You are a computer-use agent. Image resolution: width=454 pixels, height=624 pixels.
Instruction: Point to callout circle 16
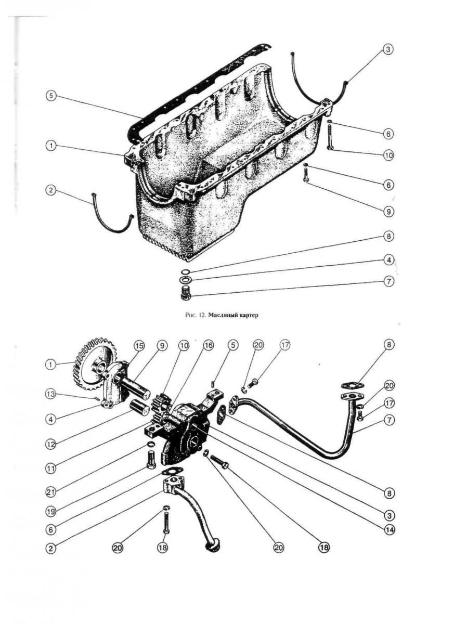click(x=208, y=345)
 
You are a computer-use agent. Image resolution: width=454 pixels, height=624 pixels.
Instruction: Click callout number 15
click(x=138, y=345)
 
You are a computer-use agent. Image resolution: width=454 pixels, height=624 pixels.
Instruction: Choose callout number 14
click(x=388, y=530)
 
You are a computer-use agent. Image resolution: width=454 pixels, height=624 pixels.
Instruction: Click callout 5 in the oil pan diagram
click(x=50, y=96)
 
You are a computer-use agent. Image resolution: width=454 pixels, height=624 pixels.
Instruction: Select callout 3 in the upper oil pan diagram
click(x=388, y=50)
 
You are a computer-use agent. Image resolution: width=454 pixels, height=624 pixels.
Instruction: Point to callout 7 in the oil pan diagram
click(x=388, y=281)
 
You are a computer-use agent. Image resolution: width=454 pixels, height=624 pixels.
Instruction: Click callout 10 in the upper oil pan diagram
click(x=388, y=155)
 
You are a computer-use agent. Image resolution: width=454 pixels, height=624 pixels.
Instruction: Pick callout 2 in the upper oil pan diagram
click(x=50, y=191)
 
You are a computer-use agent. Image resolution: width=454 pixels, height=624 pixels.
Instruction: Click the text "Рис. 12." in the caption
click(x=194, y=315)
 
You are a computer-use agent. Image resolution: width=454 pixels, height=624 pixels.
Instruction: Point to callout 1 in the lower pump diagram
click(x=50, y=365)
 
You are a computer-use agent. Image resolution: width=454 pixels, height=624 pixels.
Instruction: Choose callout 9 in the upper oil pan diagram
click(x=388, y=212)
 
